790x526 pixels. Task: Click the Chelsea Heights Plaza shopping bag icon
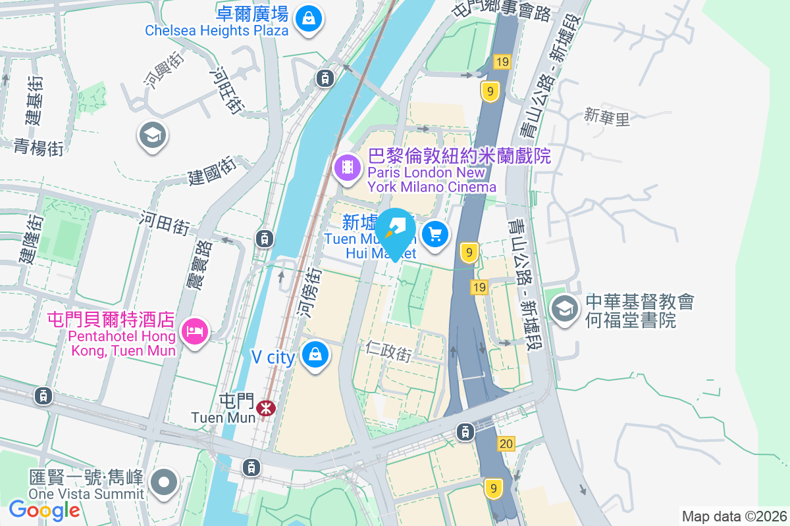pos(308,18)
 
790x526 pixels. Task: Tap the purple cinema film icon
pos(348,166)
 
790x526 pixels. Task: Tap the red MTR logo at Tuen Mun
pos(266,408)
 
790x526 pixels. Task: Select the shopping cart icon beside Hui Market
pos(435,233)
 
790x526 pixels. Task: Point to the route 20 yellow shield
pos(506,444)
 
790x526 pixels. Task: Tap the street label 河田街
pos(164,223)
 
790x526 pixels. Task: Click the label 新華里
pos(607,118)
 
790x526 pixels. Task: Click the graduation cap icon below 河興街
pos(153,135)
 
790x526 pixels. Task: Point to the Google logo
pos(44,510)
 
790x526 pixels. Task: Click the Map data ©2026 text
pos(733,516)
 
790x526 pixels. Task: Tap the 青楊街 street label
pos(38,147)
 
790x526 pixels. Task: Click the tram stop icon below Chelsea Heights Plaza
pos(324,78)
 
